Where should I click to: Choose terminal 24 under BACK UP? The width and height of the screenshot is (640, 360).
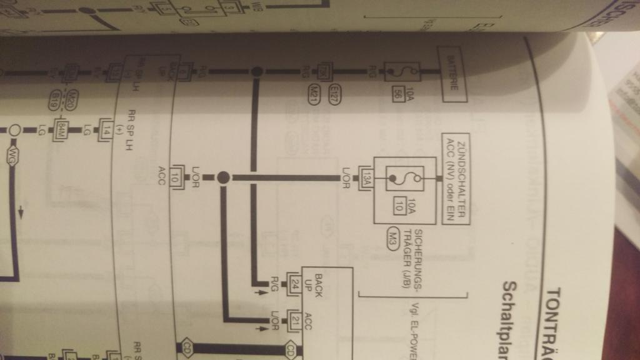[294, 287]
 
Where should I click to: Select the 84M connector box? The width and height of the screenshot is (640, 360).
[61, 131]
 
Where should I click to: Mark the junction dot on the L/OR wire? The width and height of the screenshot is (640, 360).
[223, 178]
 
